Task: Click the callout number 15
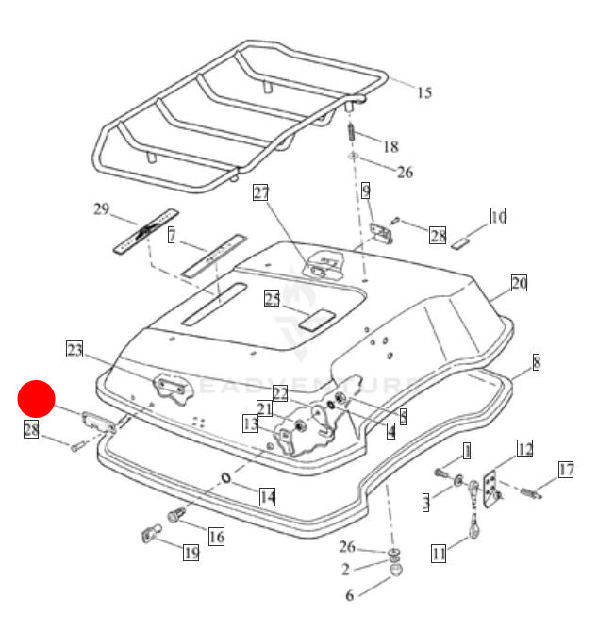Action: point(424,92)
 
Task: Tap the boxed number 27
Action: point(261,193)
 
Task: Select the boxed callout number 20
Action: point(519,283)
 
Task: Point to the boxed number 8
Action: point(536,362)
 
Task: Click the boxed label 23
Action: point(75,350)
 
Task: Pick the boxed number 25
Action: point(273,299)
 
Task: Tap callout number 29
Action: point(102,208)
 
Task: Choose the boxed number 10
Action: point(498,217)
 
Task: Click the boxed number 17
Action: point(566,470)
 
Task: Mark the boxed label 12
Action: point(524,449)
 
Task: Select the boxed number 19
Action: point(191,553)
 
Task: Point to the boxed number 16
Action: point(216,537)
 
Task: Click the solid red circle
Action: point(38,399)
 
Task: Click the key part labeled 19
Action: point(150,534)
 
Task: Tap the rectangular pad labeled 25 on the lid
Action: point(314,318)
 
